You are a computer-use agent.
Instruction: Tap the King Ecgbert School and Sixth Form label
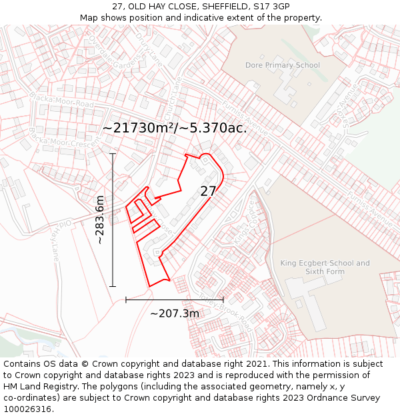[x=325, y=267]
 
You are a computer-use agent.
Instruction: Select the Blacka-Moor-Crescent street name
[x=64, y=137]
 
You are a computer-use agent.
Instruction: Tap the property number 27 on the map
[x=208, y=191]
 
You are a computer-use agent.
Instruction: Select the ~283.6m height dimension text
[x=100, y=220]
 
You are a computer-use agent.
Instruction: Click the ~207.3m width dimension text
[x=174, y=313]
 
